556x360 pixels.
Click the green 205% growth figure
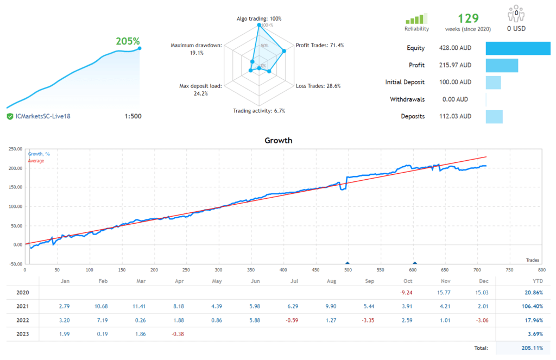[x=128, y=41]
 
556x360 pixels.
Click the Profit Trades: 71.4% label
[x=319, y=45]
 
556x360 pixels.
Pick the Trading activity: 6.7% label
[x=259, y=111]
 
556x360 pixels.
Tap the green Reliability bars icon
[x=416, y=18]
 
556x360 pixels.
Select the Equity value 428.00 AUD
[x=454, y=48]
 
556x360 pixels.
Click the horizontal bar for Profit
[x=502, y=65]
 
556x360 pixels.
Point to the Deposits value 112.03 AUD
[x=454, y=116]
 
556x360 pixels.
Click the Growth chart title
[x=278, y=140]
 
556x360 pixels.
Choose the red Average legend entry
[x=36, y=161]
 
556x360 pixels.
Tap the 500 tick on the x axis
[x=347, y=269]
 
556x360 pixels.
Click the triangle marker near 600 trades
[x=414, y=263]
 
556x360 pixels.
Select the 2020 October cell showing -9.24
[x=407, y=293]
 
